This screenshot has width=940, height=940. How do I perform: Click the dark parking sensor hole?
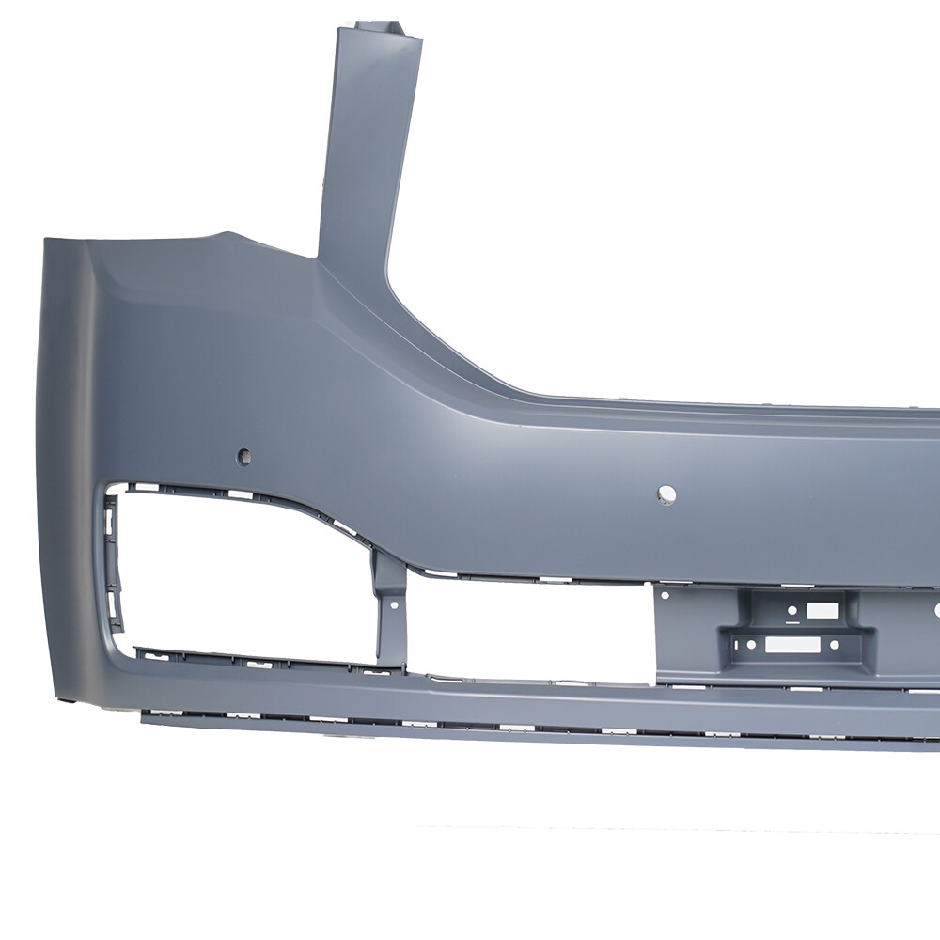click(244, 456)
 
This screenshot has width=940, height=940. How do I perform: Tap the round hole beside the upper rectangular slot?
click(792, 610)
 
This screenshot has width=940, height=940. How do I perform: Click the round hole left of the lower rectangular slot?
click(749, 644)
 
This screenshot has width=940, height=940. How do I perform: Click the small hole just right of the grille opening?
click(666, 595)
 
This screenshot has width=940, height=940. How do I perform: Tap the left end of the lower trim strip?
click(144, 718)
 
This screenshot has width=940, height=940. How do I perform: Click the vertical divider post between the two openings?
click(387, 611)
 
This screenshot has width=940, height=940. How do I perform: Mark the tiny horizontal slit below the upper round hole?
click(792, 623)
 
